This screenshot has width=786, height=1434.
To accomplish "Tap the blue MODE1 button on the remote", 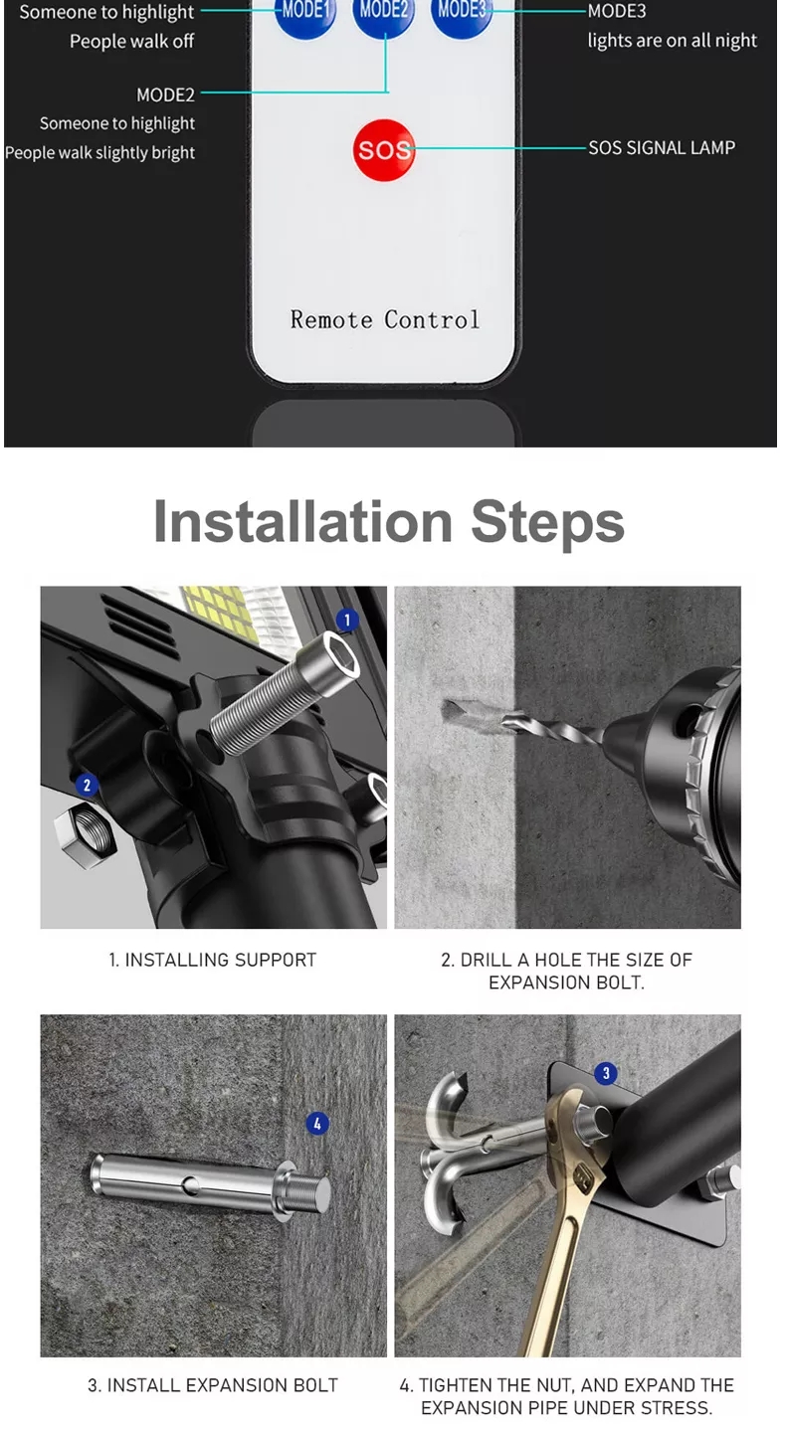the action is (304, 15).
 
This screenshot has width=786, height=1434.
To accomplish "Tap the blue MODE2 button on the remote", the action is (384, 15).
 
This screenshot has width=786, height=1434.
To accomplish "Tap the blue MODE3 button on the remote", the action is (462, 15).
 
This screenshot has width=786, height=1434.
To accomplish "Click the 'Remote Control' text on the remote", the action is (384, 319).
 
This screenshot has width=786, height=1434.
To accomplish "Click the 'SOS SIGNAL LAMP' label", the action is (662, 148).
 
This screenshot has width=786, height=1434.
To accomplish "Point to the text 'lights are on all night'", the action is (672, 41).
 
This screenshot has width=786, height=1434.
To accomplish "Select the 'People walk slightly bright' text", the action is (99, 153).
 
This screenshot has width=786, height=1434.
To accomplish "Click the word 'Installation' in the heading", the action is (303, 522).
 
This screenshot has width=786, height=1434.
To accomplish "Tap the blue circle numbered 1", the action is (347, 620).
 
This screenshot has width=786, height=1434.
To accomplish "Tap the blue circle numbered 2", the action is (88, 785).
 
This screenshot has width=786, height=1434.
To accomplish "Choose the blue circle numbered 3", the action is (606, 1073).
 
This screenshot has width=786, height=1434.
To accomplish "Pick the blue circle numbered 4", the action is (317, 1123).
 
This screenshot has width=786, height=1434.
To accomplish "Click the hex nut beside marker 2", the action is (85, 836).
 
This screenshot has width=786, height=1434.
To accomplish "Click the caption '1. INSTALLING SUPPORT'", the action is (213, 960).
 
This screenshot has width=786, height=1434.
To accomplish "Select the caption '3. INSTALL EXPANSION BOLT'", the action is (213, 1384).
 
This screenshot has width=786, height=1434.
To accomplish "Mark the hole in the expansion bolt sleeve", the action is (190, 1185).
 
